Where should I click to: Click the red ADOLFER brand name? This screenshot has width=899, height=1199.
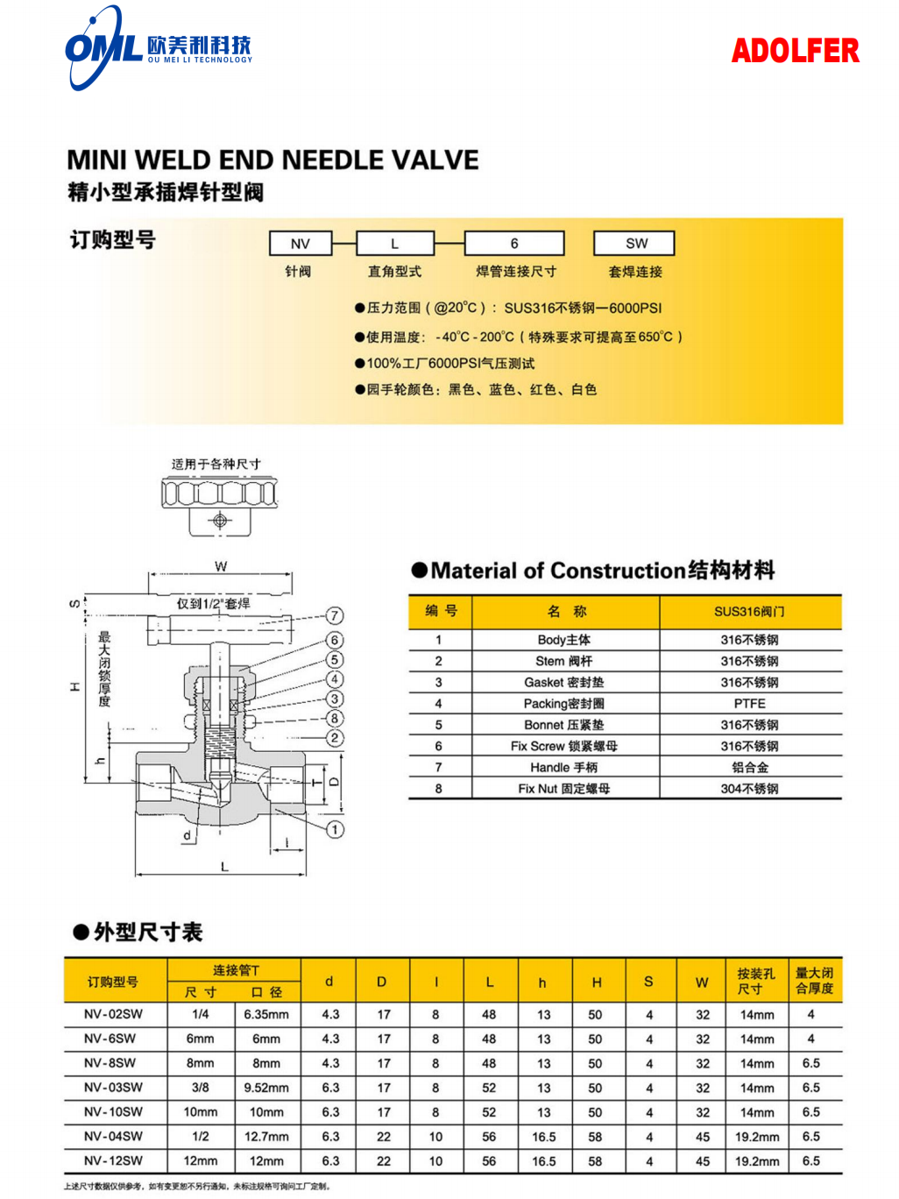[795, 51]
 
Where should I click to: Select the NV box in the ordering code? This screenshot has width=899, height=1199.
[301, 244]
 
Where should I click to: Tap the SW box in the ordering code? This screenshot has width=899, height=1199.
[635, 244]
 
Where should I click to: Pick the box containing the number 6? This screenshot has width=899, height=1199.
[514, 244]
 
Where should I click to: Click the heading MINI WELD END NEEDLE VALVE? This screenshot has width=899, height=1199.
[273, 160]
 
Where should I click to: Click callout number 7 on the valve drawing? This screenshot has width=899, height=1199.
[335, 615]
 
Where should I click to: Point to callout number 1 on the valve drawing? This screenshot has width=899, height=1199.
[335, 829]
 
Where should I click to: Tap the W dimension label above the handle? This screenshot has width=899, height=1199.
[221, 566]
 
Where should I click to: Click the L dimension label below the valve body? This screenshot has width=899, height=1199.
[224, 866]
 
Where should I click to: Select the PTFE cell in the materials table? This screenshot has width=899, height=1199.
[749, 704]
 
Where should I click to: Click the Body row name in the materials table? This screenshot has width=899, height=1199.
[564, 640]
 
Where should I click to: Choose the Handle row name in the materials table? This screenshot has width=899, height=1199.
[564, 767]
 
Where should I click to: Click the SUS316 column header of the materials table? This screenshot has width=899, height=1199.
[749, 612]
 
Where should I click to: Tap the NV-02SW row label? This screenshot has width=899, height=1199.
[113, 1014]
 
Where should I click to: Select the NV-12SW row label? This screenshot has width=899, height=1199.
[113, 1160]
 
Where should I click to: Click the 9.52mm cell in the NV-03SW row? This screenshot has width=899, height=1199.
[266, 1088]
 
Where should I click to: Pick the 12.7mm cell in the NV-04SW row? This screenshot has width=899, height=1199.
[266, 1137]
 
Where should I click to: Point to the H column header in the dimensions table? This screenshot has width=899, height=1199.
[597, 983]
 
